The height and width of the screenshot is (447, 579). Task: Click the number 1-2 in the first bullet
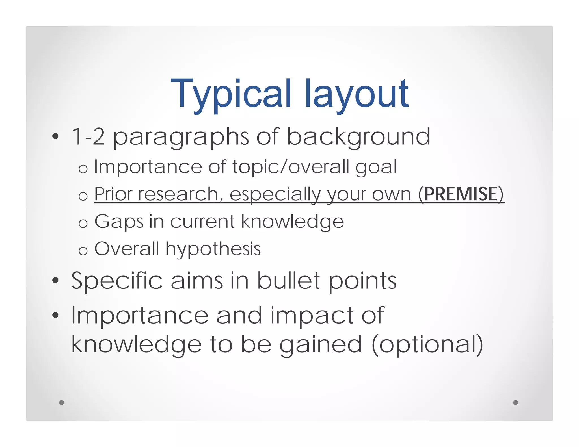[x=88, y=137]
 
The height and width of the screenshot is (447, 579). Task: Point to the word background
[x=358, y=137]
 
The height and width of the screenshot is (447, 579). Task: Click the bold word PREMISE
[x=461, y=194]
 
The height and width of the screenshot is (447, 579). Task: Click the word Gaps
[x=119, y=222]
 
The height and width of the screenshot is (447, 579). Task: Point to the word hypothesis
[x=213, y=249]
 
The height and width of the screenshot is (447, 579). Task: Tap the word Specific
[x=117, y=281]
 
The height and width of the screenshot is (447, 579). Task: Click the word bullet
[x=288, y=281]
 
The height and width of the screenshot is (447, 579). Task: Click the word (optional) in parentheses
[x=427, y=345]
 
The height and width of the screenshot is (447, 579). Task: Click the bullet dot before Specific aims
[x=55, y=281]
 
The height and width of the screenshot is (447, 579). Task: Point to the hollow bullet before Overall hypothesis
[x=83, y=251]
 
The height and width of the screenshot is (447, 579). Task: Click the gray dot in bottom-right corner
[x=515, y=402]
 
